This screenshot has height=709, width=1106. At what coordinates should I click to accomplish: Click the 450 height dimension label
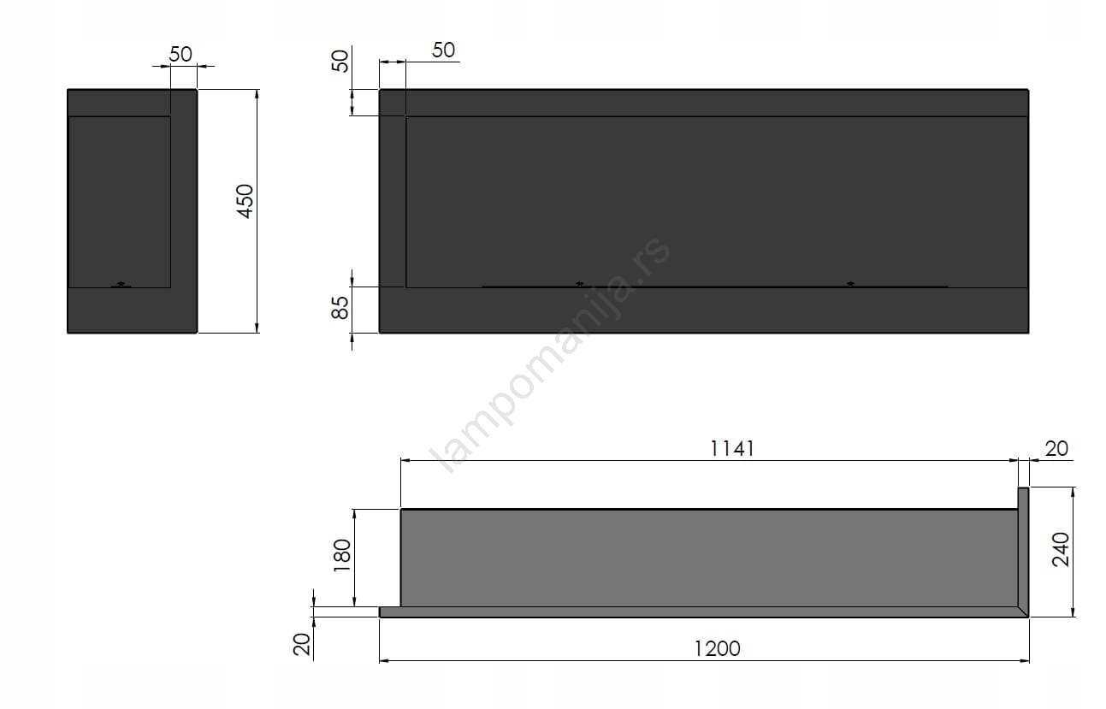tap(245, 201)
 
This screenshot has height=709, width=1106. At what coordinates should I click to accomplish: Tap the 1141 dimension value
tap(731, 449)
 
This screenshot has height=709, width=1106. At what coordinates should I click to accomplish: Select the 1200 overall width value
tap(717, 649)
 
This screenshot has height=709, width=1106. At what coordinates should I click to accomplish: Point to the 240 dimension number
tap(1061, 549)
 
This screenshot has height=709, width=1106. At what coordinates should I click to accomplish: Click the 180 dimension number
tap(341, 555)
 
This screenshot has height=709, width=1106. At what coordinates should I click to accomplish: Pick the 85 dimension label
tap(340, 307)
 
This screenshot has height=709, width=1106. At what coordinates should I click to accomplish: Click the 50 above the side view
tap(180, 55)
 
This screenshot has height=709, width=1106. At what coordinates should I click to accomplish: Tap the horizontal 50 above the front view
tap(443, 50)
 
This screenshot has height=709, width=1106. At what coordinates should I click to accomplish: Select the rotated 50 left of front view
tap(340, 62)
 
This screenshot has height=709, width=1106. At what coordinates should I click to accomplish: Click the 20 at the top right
tap(1056, 449)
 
